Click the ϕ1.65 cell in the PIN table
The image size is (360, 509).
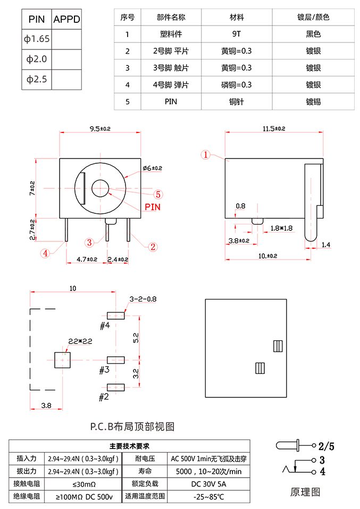pyautogui.click(x=37, y=39)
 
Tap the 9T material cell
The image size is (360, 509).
pyautogui.click(x=236, y=35)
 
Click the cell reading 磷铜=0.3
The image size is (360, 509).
pyautogui.click(x=236, y=85)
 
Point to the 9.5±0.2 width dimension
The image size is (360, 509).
pyautogui.click(x=99, y=128)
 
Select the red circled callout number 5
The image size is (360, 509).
pyautogui.click(x=158, y=195)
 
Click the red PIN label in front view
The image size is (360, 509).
pyautogui.click(x=153, y=207)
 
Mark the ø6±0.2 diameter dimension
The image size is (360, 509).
pyautogui.click(x=152, y=168)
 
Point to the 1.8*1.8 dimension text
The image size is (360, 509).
pyautogui.click(x=282, y=228)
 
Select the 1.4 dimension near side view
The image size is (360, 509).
pyautogui.click(x=326, y=244)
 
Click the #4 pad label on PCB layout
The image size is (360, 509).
pyautogui.click(x=104, y=324)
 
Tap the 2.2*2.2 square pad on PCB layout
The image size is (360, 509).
pyautogui.click(x=63, y=360)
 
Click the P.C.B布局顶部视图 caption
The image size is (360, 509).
pyautogui.click(x=132, y=426)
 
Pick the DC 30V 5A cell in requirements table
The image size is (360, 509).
pyautogui.click(x=208, y=484)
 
